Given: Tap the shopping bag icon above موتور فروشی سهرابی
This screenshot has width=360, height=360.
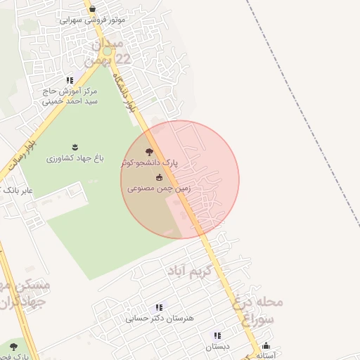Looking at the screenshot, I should point(93,9).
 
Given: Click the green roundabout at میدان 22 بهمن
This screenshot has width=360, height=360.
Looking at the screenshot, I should point(107,51).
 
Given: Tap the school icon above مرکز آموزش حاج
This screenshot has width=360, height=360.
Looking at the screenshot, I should point(69,81).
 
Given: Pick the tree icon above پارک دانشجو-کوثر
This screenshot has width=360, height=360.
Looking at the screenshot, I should point(148,151).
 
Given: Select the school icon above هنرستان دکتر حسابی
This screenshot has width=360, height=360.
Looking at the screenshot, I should point(160,307).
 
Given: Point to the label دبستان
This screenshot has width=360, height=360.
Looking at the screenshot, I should point(217,347).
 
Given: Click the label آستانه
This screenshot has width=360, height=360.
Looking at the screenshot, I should point(265,355).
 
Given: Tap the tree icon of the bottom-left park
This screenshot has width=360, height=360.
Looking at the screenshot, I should point(13,345).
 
